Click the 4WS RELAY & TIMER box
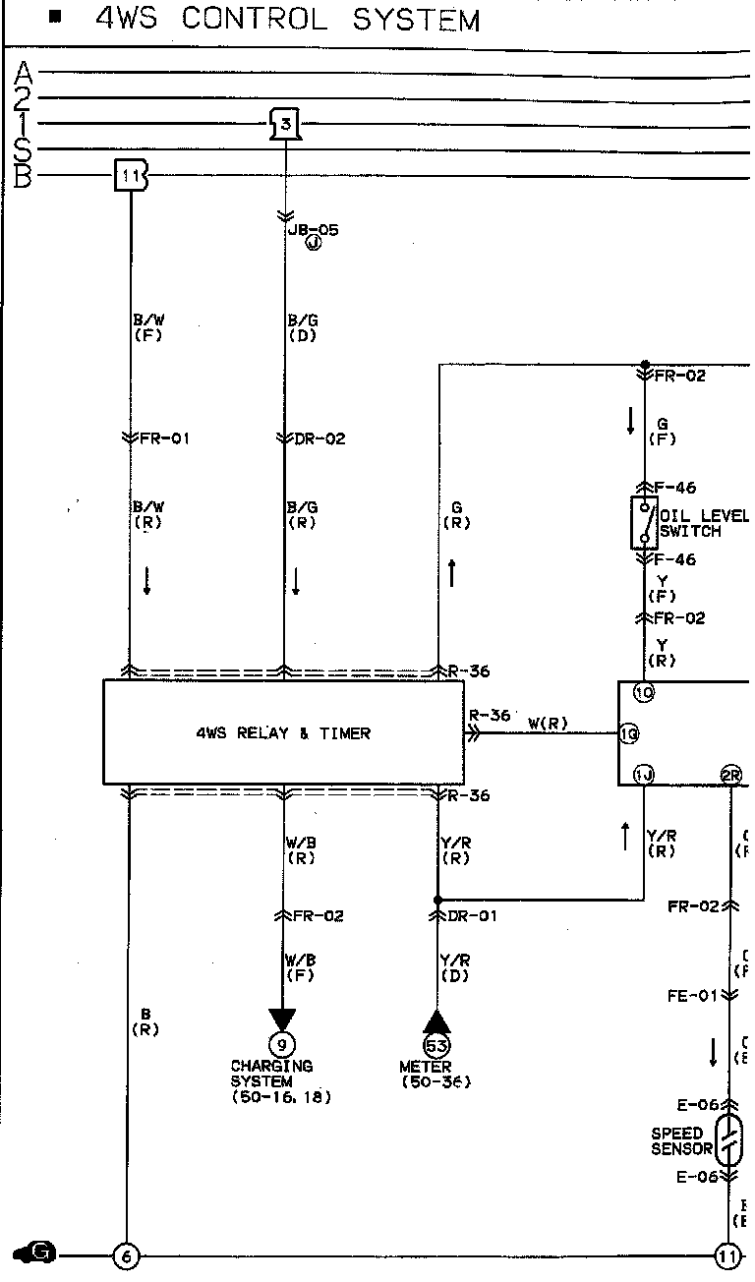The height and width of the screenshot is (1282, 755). (x=283, y=732)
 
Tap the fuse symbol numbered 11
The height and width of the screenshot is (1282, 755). (x=131, y=176)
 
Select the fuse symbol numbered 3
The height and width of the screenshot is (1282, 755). (x=285, y=125)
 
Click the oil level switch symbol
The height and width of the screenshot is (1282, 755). (x=644, y=522)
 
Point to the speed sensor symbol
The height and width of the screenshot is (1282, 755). (x=728, y=1140)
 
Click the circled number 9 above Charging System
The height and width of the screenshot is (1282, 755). (x=282, y=1046)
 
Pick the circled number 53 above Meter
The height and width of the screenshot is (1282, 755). (x=436, y=1046)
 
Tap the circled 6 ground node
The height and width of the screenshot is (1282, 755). (x=126, y=1255)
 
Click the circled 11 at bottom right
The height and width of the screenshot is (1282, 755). (x=727, y=1255)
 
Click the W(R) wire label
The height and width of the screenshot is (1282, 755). (x=549, y=725)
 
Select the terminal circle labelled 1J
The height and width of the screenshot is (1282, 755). (x=644, y=775)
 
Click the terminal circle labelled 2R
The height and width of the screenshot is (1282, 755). (x=731, y=775)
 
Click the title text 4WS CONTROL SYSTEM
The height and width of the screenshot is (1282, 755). (x=287, y=19)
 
